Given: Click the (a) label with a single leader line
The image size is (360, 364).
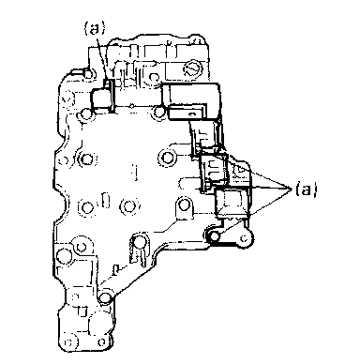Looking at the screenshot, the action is coord(95,28).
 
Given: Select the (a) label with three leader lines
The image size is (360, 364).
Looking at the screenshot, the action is coord(306,190).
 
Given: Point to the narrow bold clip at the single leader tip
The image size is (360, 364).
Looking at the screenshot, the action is coord(110,95).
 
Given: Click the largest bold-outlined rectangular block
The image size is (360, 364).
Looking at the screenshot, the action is coord(191,101).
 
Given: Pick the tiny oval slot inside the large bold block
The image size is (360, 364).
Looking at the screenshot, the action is coord(192,114).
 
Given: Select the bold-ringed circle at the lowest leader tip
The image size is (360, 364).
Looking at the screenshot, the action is coord(215,236).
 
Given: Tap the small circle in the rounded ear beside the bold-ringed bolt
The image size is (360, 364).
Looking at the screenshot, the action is coord(245,238).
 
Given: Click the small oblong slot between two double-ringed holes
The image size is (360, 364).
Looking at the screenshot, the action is coord(106,201).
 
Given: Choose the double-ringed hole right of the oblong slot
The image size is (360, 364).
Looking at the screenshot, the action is coord(128,206).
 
